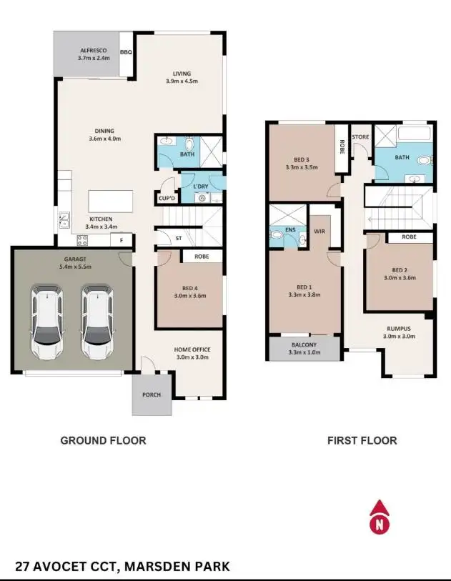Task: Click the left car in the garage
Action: point(45,322)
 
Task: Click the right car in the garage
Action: point(96,322)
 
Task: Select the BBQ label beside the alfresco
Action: point(126,51)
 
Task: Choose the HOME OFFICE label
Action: point(192,350)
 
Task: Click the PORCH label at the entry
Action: point(152,395)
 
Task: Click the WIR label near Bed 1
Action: point(319,232)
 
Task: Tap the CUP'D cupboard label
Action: point(167,199)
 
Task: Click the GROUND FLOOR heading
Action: point(103,441)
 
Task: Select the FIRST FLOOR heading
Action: point(362,441)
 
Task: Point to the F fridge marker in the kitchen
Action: point(122,241)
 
